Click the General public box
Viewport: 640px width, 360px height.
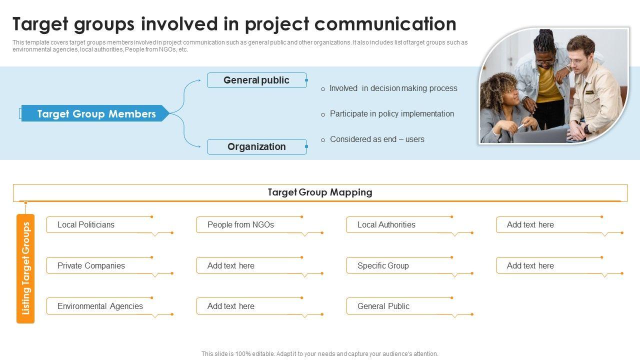[256, 80]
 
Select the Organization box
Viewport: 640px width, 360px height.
[256, 147]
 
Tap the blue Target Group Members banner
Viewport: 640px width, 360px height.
[96, 114]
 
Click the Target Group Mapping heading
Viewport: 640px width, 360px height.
[320, 192]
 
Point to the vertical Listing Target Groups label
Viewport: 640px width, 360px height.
[25, 268]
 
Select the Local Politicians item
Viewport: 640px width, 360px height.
[86, 225]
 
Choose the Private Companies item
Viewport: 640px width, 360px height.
[91, 266]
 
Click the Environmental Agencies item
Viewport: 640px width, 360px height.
[100, 306]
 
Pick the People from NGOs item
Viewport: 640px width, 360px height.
[240, 225]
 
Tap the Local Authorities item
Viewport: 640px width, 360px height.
[386, 225]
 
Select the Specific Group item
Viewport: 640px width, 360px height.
[383, 266]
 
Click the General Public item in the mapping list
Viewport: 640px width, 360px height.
[383, 306]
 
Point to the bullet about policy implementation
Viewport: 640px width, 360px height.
[391, 114]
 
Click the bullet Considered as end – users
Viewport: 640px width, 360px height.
[377, 139]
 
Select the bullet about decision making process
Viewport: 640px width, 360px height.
[393, 88]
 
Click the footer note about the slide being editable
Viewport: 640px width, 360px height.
[320, 354]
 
